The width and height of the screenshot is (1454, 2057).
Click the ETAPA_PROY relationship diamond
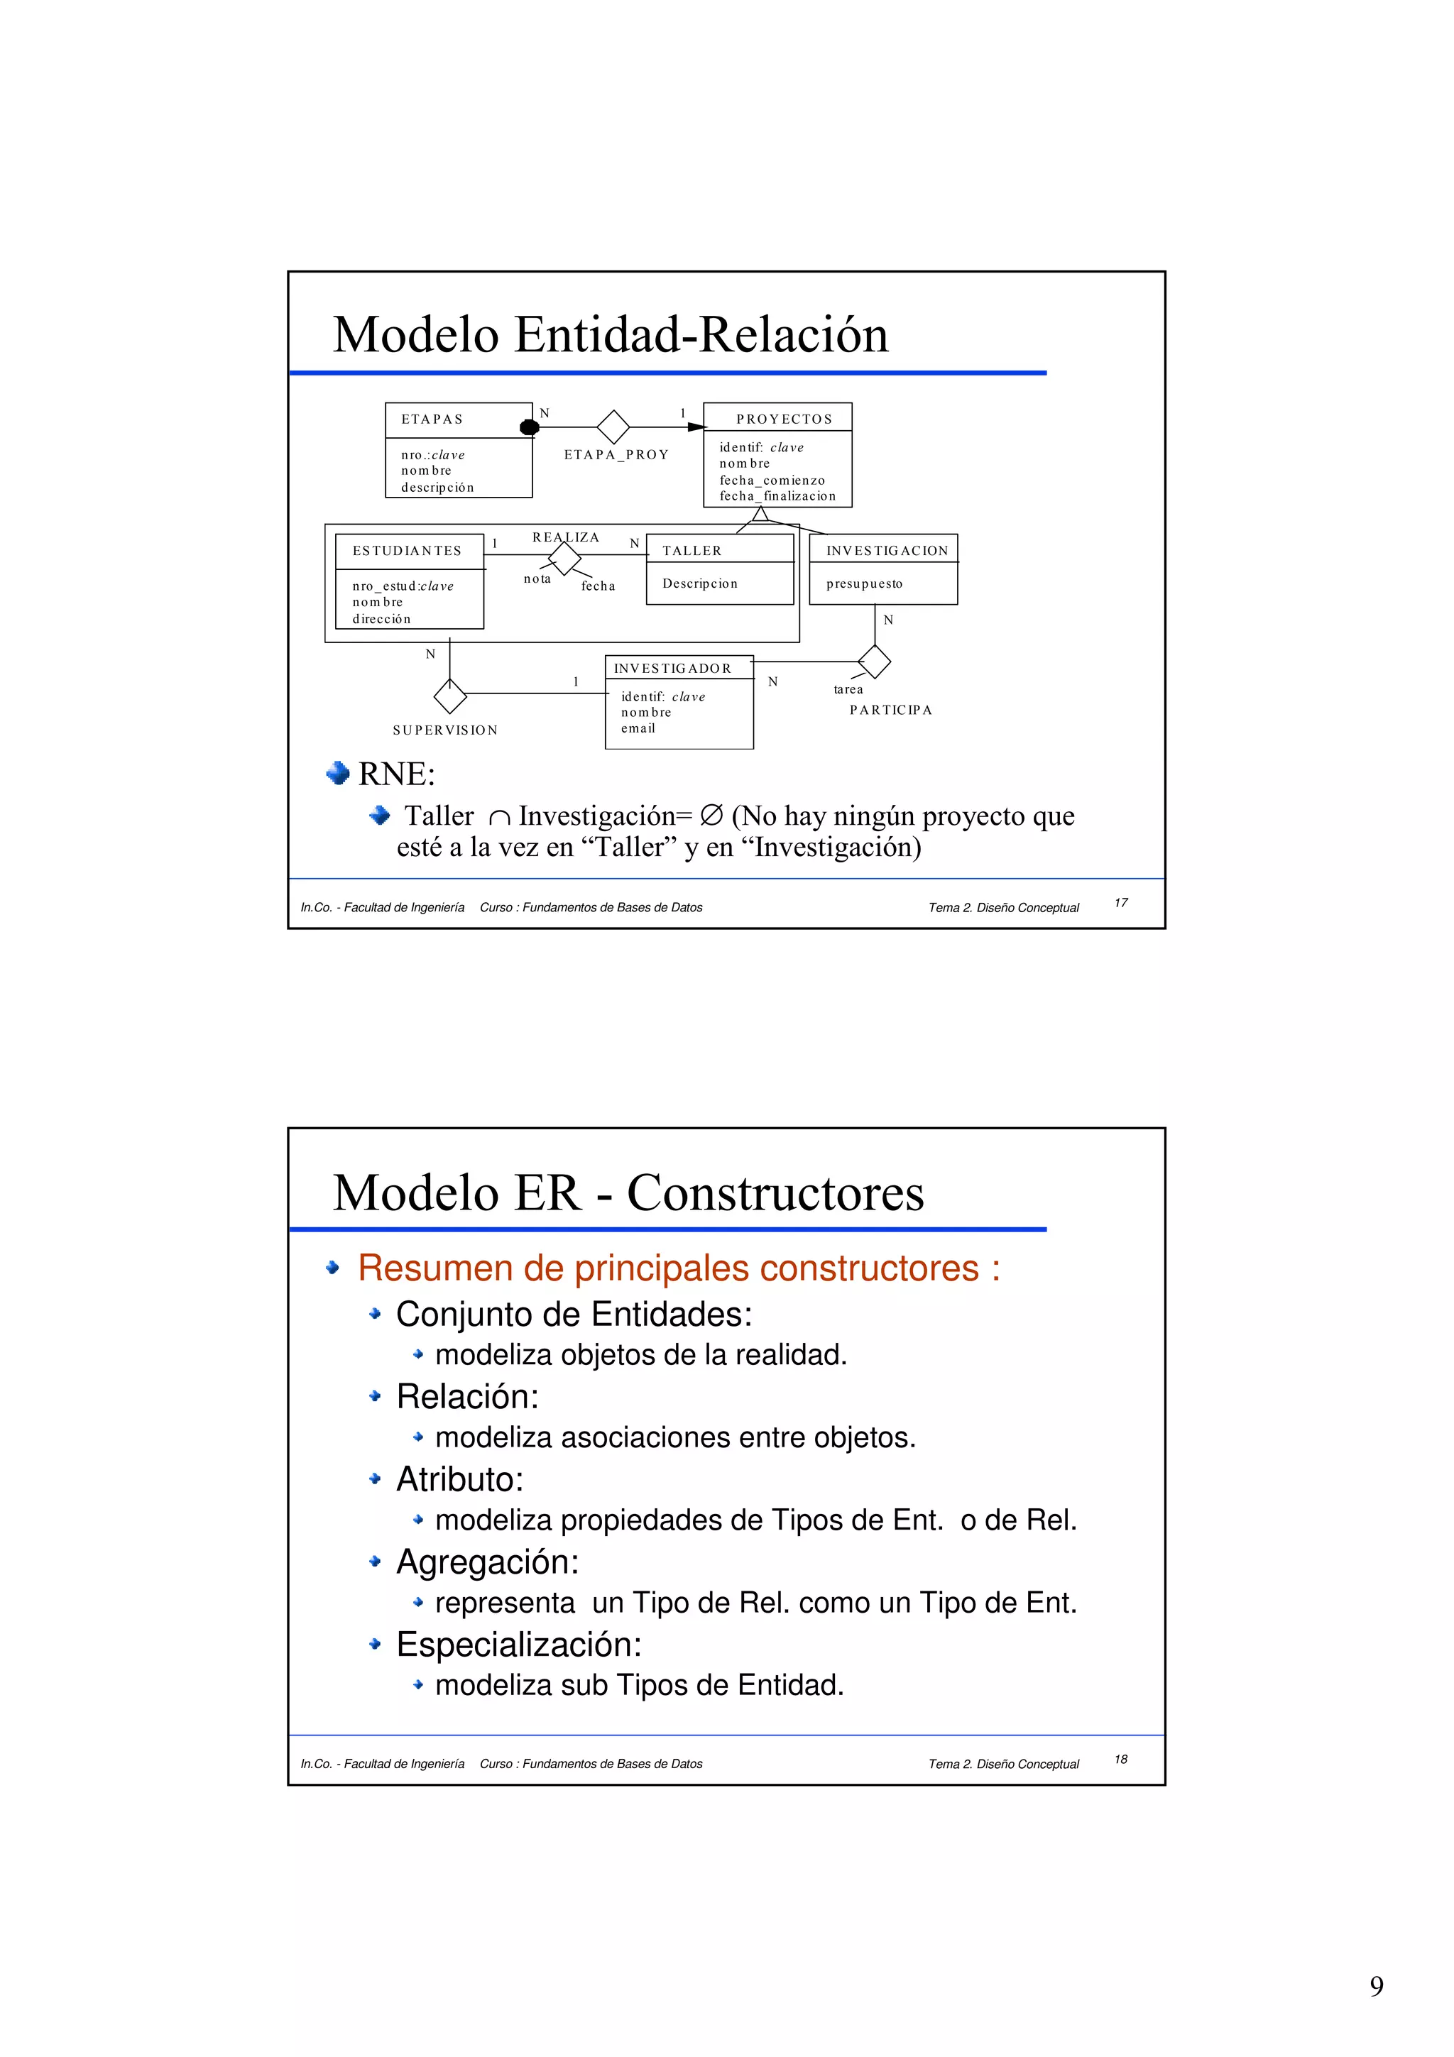tap(613, 427)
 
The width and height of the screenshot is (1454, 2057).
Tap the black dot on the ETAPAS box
tap(530, 427)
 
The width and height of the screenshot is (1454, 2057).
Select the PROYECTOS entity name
tap(784, 419)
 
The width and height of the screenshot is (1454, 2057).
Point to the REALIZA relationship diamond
tap(564, 558)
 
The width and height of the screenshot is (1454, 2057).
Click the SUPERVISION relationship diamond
tap(449, 694)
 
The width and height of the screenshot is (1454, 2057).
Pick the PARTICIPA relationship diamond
tap(875, 662)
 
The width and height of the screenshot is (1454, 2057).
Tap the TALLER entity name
tap(692, 551)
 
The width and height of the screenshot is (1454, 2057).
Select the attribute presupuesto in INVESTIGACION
tap(863, 584)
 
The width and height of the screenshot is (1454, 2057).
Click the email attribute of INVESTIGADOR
tap(638, 728)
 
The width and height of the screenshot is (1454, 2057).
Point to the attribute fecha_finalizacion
tap(777, 496)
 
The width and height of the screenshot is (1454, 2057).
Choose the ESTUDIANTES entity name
tap(407, 551)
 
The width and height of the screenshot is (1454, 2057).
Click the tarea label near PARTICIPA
tap(848, 690)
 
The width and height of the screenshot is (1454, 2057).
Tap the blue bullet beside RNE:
tap(338, 773)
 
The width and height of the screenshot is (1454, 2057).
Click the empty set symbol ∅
tap(711, 816)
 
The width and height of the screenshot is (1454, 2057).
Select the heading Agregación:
tap(487, 1562)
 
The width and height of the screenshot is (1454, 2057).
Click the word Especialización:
tap(519, 1644)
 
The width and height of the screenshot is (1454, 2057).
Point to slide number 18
tap(1120, 1760)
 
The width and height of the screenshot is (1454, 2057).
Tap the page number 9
tap(1376, 1987)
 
